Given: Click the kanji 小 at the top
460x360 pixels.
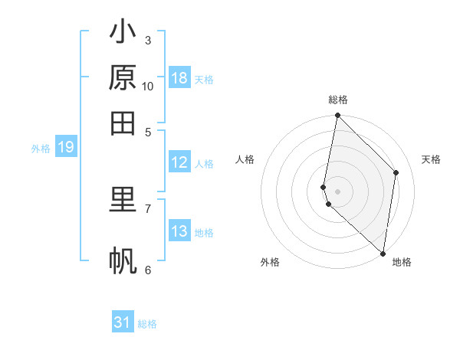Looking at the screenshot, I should tap(123, 34).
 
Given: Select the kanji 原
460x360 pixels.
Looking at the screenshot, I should tap(123, 78).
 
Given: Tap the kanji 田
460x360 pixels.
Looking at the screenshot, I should tap(123, 122).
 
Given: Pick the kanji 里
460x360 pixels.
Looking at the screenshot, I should tap(123, 200).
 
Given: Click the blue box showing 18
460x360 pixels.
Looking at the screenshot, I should tap(179, 78).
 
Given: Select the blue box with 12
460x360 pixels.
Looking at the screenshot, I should tap(179, 162).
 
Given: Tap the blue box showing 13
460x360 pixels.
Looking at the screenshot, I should tap(179, 231).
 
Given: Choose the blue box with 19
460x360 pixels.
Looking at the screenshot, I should tap(66, 147).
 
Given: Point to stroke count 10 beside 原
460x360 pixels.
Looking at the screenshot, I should tap(148, 87).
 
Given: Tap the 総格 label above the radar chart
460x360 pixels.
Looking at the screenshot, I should tap(338, 100).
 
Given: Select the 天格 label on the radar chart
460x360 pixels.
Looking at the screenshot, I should tap(431, 159).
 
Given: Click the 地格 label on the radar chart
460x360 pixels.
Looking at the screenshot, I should tap(402, 262).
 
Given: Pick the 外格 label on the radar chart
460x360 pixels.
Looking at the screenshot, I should tap(270, 262).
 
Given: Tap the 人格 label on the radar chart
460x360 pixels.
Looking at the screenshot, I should tap(245, 159).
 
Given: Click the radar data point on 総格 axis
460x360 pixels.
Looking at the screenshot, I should tap(337, 116).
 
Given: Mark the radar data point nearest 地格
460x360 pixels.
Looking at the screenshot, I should tap(383, 253).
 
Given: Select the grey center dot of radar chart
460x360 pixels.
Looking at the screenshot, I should tap(337, 191).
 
